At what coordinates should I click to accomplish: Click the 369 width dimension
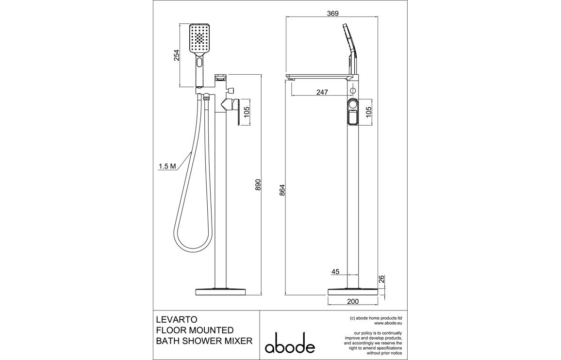(332, 14)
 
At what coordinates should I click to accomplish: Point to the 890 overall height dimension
(258, 185)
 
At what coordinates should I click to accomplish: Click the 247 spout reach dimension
(322, 92)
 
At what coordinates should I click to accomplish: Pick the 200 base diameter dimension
(353, 301)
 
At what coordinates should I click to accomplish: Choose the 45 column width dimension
(336, 272)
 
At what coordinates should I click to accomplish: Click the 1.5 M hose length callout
(166, 166)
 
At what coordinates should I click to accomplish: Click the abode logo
(290, 343)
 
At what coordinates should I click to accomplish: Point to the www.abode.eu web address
(388, 323)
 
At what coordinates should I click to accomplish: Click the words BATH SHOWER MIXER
(204, 341)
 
